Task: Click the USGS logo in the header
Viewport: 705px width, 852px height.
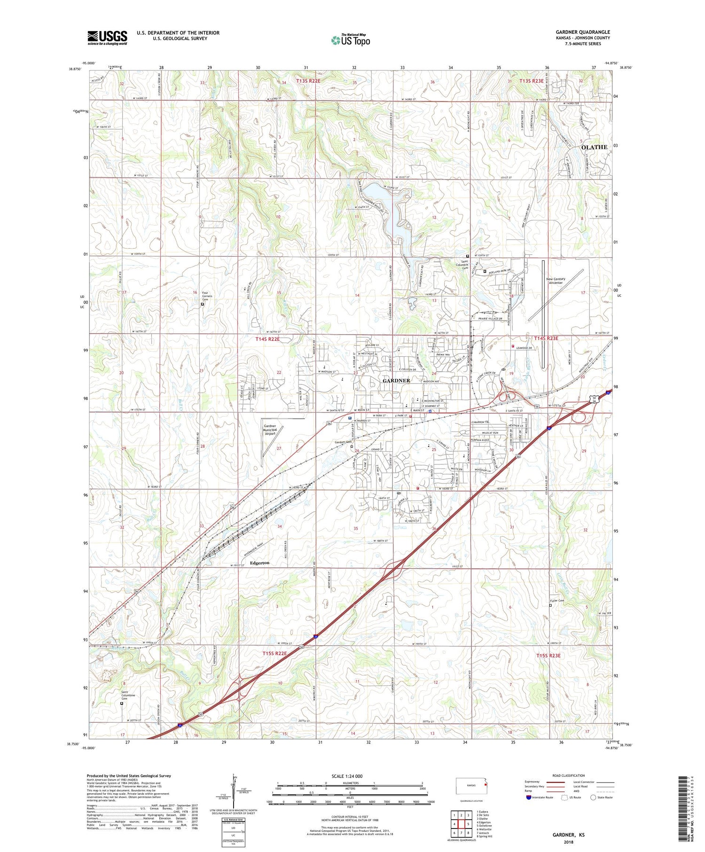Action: coord(107,38)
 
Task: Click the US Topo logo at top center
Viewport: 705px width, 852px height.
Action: coord(351,40)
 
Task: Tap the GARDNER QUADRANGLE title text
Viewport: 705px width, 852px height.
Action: coord(582,32)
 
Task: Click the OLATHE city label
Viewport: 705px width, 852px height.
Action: coord(594,147)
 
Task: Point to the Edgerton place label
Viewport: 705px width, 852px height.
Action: coord(259,563)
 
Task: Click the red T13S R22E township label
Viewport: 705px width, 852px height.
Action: coord(308,81)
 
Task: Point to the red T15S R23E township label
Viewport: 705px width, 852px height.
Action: coord(548,655)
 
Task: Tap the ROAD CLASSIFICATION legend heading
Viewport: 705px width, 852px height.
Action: coord(569,775)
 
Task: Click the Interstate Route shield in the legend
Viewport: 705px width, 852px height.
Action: coord(529,797)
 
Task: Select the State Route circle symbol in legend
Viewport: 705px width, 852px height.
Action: coord(593,797)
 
